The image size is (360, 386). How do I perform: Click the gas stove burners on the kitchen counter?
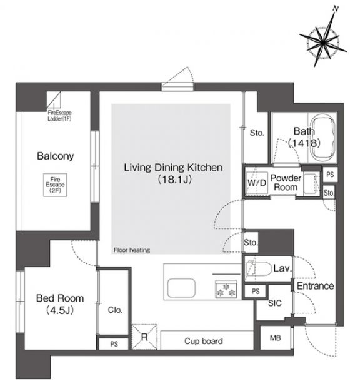pos(226,289)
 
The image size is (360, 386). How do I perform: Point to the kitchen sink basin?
pos(181,288)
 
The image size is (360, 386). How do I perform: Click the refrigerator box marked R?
pos(144,337)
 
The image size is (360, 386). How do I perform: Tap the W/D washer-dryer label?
pos(257,183)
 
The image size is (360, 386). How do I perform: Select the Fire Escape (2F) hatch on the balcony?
pos(55,185)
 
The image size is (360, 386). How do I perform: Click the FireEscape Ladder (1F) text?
pos(59,116)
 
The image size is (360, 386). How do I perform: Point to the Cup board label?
pos(204,341)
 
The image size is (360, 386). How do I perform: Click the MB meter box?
pos(276,338)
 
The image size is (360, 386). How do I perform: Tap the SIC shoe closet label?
pos(274,303)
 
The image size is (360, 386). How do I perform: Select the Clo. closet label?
pos(115,310)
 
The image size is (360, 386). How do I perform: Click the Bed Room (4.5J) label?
pos(60,304)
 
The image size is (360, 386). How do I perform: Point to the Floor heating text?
pos(132,250)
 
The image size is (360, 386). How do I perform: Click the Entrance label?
pos(315,286)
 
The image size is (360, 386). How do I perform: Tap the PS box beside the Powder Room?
pos(330,175)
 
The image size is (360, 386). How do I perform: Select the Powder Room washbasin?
pos(311,183)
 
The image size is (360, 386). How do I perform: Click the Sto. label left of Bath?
pos(257,133)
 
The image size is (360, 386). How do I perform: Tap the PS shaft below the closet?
pos(114,344)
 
